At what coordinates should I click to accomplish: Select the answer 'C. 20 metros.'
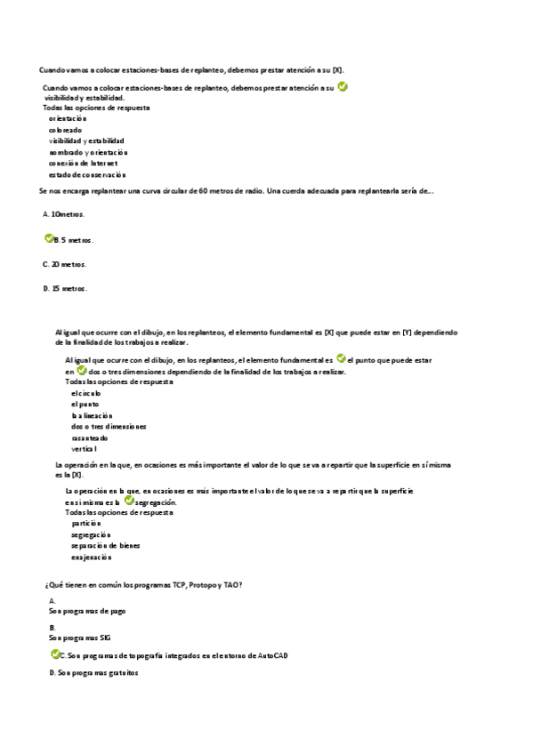pos(64,264)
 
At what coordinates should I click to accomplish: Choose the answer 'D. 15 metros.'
pos(64,288)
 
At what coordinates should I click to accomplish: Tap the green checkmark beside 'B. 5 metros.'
pos(49,239)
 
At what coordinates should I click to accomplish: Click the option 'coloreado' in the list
pos(65,130)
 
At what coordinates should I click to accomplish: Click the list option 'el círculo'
pos(86,393)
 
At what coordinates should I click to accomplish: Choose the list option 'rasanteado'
pos(89,437)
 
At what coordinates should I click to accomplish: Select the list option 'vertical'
pos(84,449)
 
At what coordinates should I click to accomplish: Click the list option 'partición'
pos(87,524)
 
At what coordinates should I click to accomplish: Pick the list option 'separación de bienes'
pos(105,546)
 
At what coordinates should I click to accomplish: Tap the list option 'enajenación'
pos(91,557)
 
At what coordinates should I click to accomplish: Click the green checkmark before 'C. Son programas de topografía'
pos(55,654)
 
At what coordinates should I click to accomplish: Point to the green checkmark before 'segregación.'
pos(129,501)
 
